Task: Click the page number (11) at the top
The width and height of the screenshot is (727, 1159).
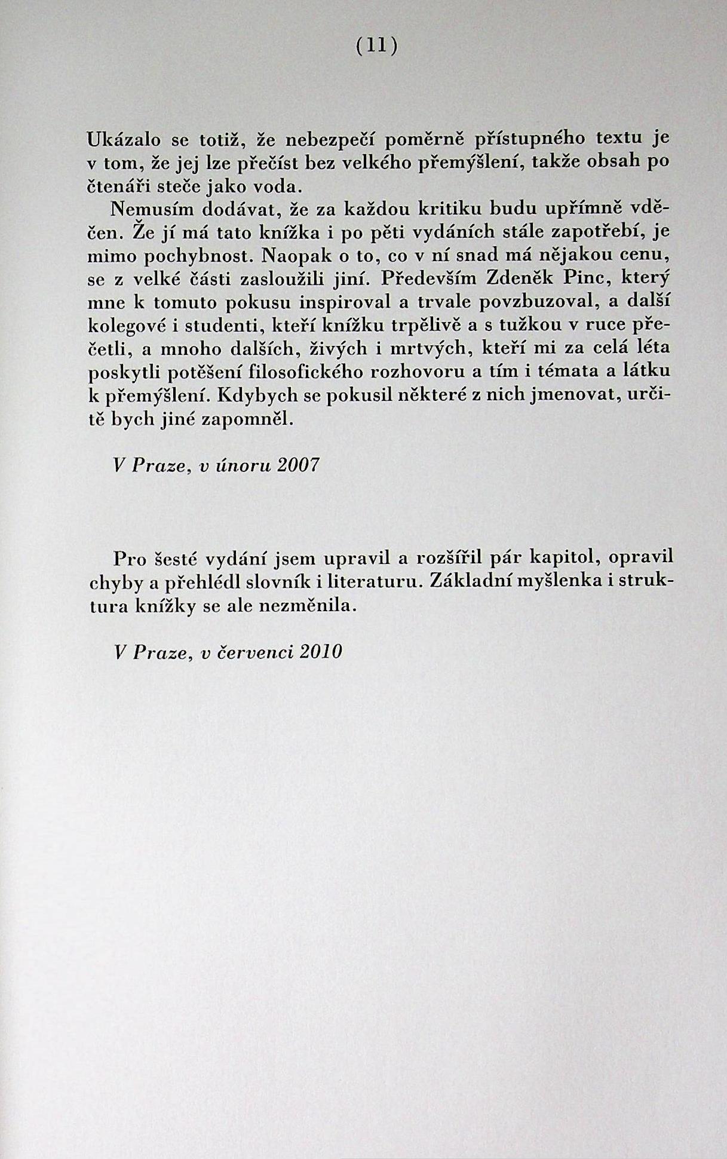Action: coord(376,46)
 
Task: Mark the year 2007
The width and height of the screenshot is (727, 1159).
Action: coord(298,465)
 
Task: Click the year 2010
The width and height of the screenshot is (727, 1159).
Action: coord(321,651)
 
